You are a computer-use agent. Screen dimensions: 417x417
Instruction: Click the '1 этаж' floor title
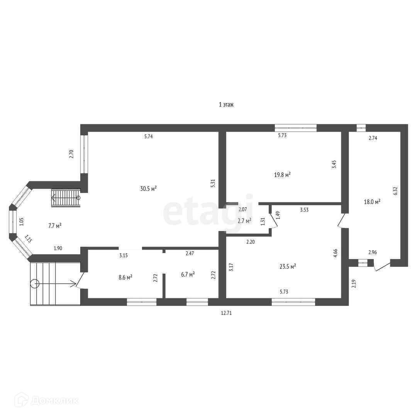click(x=226, y=105)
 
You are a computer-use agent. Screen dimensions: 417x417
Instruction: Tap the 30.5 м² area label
click(x=148, y=188)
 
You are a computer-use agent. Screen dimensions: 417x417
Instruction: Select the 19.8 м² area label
click(x=282, y=175)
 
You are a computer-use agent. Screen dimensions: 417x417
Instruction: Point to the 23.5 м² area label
click(x=288, y=266)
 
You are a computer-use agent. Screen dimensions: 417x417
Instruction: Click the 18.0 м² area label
click(x=372, y=202)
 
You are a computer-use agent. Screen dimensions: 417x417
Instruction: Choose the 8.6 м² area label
click(x=125, y=277)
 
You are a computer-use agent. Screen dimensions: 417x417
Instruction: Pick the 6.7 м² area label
click(x=188, y=274)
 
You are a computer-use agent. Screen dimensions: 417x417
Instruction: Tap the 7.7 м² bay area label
click(x=55, y=226)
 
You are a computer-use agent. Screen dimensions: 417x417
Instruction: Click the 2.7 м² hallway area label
click(x=244, y=221)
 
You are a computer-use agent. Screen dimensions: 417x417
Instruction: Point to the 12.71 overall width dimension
click(x=226, y=313)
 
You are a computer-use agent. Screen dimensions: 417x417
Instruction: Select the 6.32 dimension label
click(x=395, y=191)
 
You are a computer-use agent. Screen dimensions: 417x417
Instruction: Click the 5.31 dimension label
click(x=213, y=183)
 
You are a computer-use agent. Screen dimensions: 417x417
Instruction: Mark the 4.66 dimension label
click(x=336, y=253)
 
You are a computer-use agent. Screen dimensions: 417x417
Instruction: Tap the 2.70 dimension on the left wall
click(x=71, y=154)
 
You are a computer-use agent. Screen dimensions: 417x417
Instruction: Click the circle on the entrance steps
click(x=35, y=284)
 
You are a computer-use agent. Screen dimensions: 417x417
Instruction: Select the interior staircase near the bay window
click(x=66, y=198)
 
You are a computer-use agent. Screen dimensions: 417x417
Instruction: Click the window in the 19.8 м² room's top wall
click(x=296, y=128)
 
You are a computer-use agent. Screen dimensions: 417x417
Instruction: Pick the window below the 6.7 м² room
click(x=197, y=302)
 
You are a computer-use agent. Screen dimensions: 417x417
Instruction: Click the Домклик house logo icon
click(x=22, y=400)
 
